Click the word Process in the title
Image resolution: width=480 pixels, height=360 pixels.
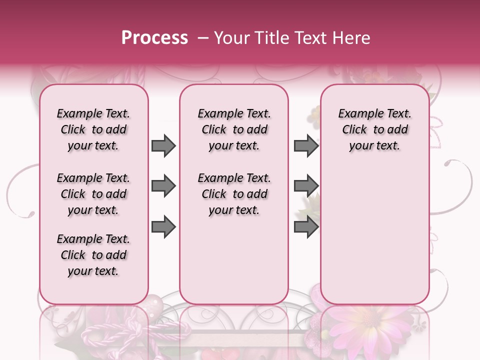[x=154, y=38]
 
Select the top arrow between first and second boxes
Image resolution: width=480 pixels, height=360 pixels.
[x=163, y=145]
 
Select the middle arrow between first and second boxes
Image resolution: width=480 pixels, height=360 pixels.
[x=163, y=186]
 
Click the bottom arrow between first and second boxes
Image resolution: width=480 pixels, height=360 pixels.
[x=163, y=227]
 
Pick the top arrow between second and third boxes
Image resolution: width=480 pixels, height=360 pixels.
[x=306, y=145]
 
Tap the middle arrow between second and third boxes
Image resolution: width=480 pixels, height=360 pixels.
[x=306, y=186]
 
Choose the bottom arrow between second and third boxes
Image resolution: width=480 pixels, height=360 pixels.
[x=306, y=227]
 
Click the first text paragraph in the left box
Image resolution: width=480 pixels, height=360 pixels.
[x=93, y=129]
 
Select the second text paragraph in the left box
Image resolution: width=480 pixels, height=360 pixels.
[x=93, y=194]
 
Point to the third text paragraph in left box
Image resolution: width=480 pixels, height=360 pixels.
[x=93, y=255]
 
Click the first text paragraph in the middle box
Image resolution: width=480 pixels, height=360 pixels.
[x=234, y=129]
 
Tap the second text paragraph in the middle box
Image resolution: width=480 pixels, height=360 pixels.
[x=234, y=194]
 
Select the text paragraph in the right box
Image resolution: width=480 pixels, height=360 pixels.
[x=374, y=129]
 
